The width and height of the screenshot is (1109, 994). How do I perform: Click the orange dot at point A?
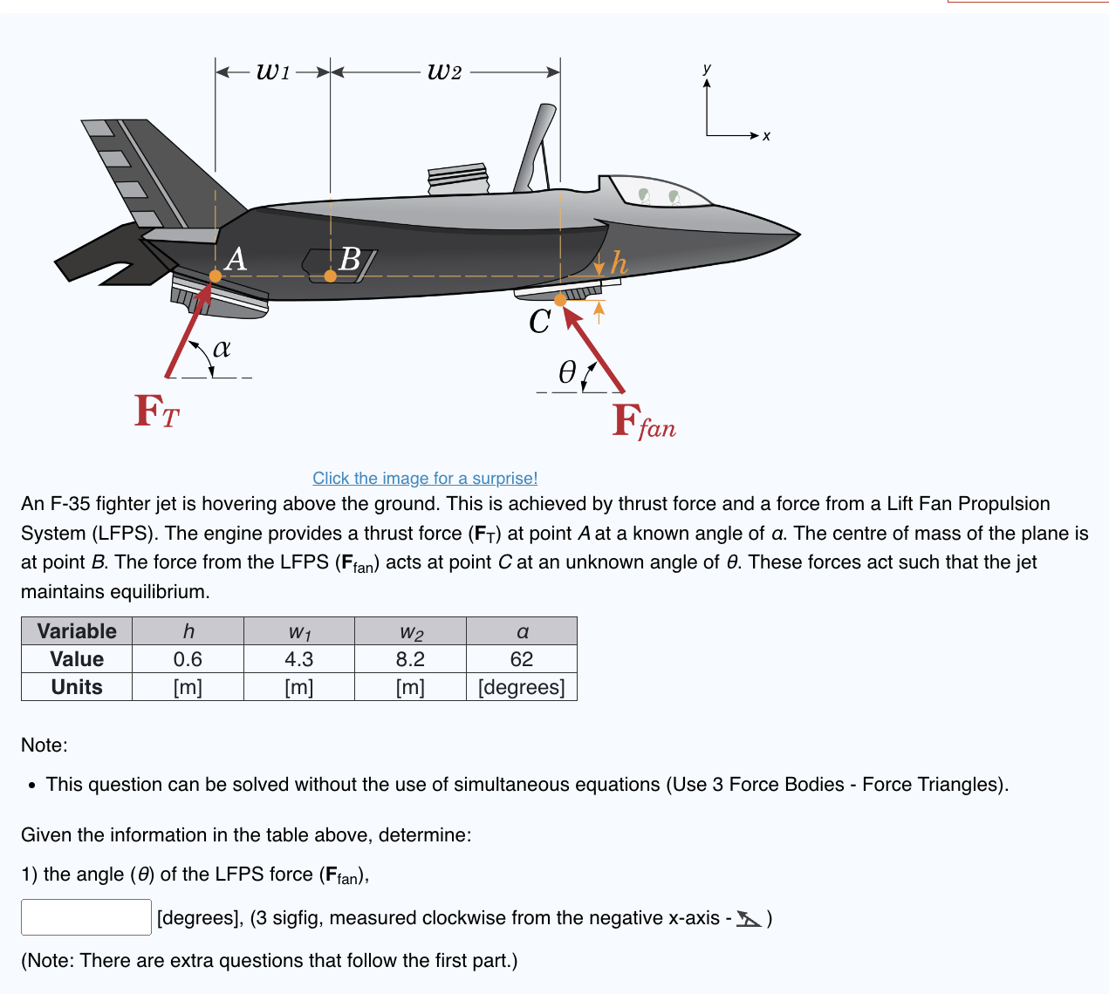216,276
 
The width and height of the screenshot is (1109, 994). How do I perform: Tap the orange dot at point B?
330,276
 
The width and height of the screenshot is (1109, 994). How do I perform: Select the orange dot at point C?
560,300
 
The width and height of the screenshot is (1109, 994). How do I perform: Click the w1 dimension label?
273,71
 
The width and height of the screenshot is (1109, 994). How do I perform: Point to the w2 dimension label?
445,71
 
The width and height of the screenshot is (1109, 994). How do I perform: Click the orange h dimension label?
619,262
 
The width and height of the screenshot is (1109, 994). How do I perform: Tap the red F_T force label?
157,412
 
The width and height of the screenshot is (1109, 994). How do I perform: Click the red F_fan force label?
644,422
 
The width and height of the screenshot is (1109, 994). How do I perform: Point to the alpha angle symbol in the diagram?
222,348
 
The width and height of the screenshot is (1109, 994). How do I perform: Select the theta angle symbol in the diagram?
567,373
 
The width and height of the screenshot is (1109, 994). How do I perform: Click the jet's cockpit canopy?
660,192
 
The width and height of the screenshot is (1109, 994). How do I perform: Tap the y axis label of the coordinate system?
707,68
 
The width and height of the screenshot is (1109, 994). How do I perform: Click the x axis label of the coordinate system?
766,136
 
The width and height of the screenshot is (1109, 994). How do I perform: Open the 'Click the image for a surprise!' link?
425,478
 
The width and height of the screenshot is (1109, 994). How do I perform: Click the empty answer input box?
86,917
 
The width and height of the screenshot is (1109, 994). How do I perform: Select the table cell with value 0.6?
188,659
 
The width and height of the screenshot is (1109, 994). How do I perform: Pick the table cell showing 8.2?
410,659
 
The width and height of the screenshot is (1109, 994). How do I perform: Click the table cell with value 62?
522,659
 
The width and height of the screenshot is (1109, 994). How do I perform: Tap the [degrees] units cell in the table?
522,687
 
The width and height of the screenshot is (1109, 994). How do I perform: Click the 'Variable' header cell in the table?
77,631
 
